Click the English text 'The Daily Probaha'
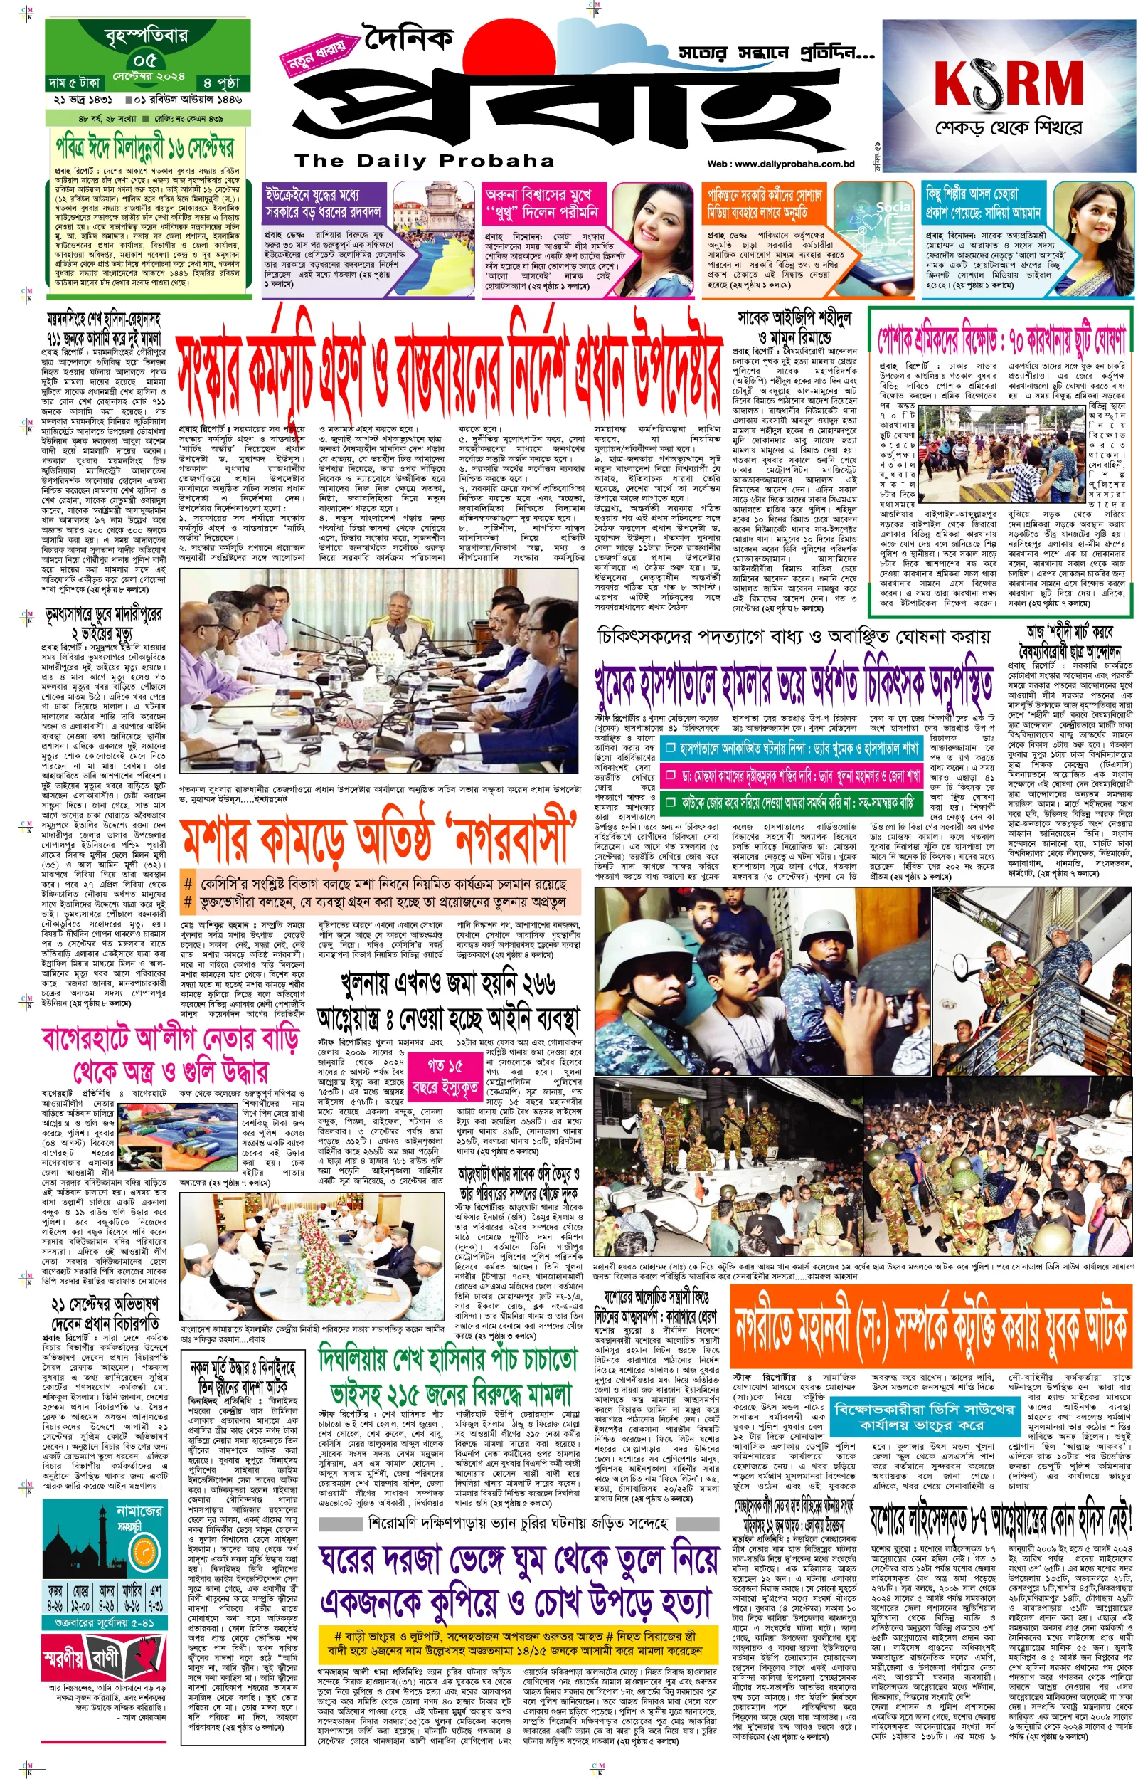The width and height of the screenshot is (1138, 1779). point(424,160)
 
